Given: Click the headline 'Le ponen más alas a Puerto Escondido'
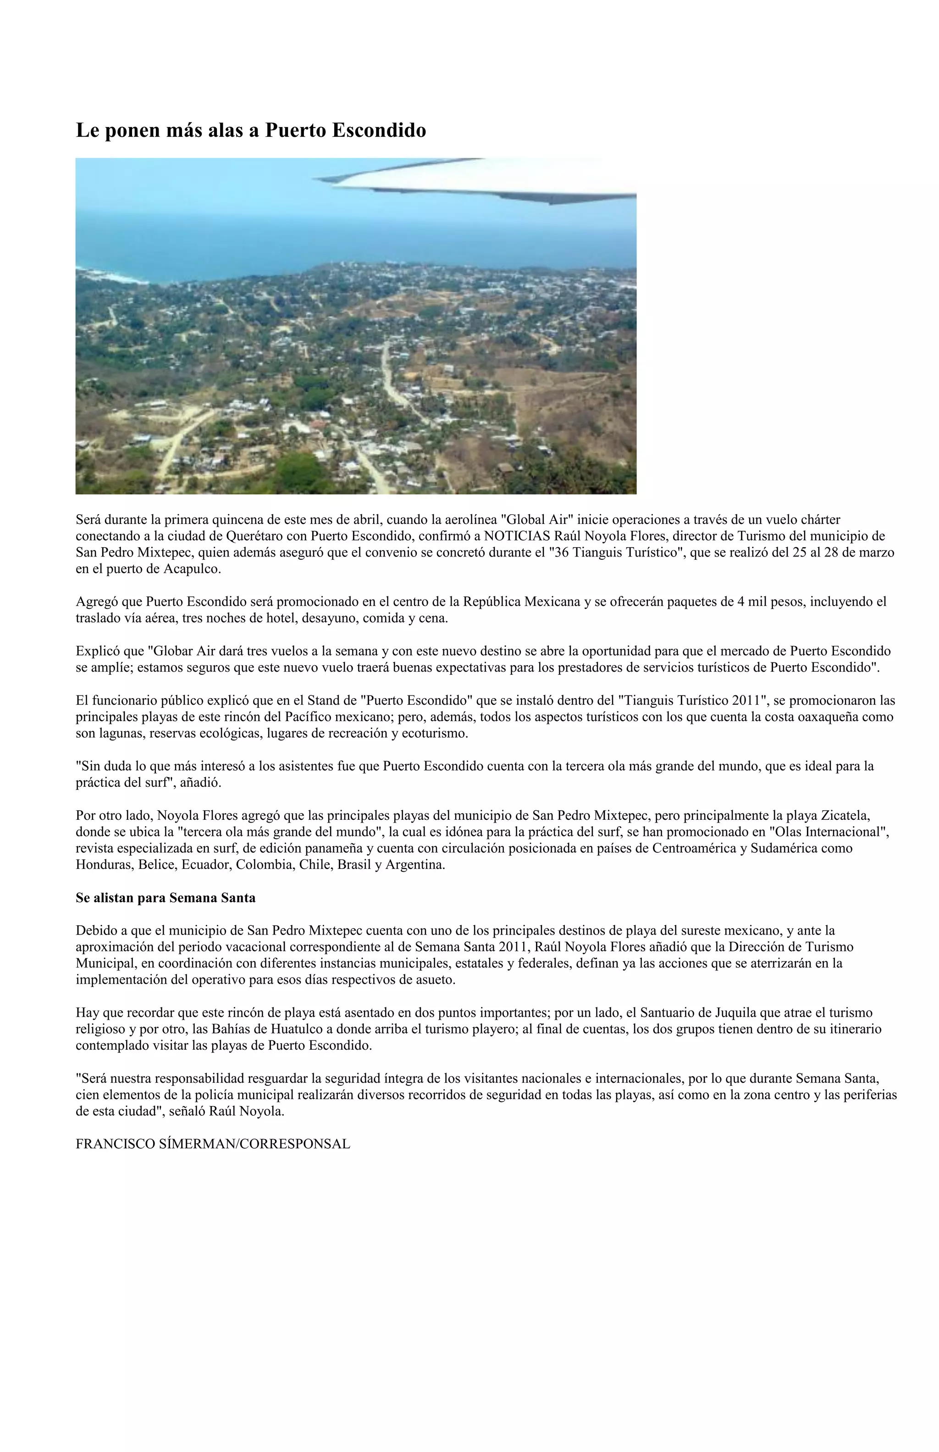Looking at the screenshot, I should (251, 130).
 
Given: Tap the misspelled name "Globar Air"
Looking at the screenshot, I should (182, 651).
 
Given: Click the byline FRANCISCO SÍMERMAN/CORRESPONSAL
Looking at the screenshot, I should (213, 1144).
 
